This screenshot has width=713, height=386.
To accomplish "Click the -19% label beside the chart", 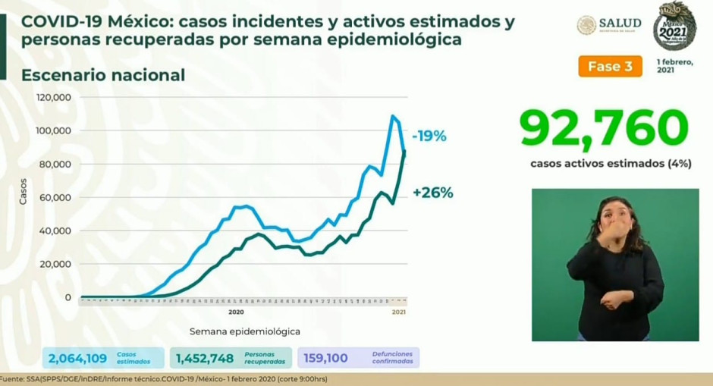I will point(429,137).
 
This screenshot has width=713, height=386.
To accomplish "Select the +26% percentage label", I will point(432,193).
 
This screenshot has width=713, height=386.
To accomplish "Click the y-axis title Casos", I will point(23,190).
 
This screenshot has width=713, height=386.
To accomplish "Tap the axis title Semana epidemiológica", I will point(244,331).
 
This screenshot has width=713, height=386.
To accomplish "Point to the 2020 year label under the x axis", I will point(236,312).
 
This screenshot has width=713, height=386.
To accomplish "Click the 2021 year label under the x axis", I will point(399,312).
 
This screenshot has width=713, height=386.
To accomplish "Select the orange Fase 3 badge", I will point(610,66).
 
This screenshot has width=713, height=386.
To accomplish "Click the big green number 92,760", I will point(605,128).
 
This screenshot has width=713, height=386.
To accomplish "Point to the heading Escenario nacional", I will point(103,75).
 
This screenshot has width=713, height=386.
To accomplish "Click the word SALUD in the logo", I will point(620,24).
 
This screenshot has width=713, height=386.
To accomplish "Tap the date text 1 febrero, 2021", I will point(674,65).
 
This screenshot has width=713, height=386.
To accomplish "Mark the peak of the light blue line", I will point(393,116).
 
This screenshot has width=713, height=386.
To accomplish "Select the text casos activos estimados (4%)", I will point(611,163).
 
